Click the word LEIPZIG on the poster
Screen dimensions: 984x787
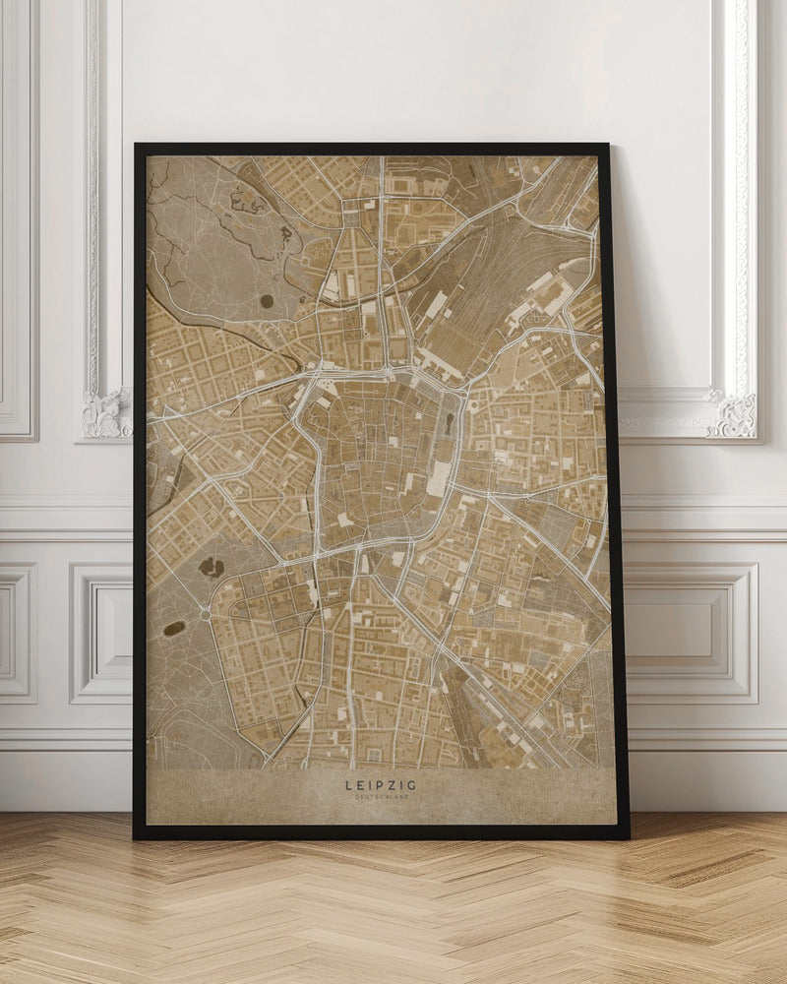(x=381, y=785)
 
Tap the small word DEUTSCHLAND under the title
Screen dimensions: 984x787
(x=381, y=797)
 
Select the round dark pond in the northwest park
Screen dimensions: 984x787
(x=267, y=301)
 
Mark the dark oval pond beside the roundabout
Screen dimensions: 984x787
(x=174, y=628)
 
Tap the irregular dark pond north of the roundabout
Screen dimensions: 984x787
(x=211, y=567)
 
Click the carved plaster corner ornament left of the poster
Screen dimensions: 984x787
(x=106, y=413)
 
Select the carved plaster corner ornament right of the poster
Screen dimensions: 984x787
(x=733, y=413)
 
